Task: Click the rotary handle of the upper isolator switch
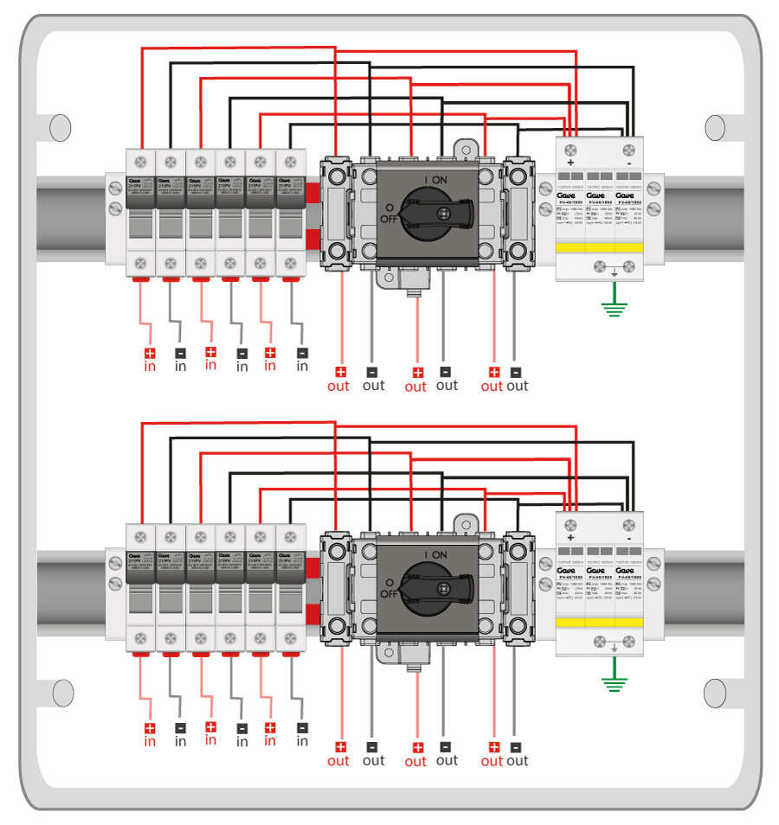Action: [x=442, y=211]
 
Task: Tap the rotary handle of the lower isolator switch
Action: [x=442, y=585]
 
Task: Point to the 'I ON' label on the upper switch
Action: [x=435, y=179]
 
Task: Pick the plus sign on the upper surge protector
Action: [x=570, y=162]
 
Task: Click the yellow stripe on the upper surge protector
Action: [x=600, y=247]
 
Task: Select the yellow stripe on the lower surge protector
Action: [x=600, y=622]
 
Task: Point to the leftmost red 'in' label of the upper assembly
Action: [x=150, y=367]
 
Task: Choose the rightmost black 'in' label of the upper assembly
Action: [x=302, y=366]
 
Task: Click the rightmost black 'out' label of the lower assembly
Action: [x=517, y=760]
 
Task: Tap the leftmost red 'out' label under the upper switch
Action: [x=338, y=386]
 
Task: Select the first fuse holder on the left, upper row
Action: [x=140, y=213]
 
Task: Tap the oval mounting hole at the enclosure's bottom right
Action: [x=715, y=692]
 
